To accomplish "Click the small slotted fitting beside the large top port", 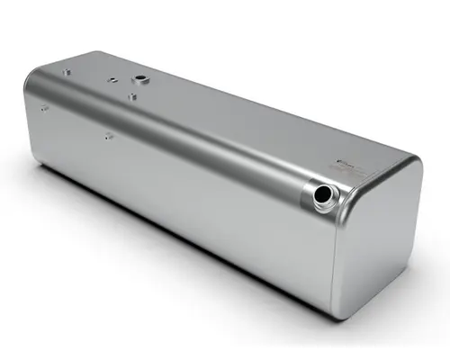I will (113, 79).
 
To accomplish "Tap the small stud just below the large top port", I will (131, 94).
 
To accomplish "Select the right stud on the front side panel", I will (108, 136).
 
